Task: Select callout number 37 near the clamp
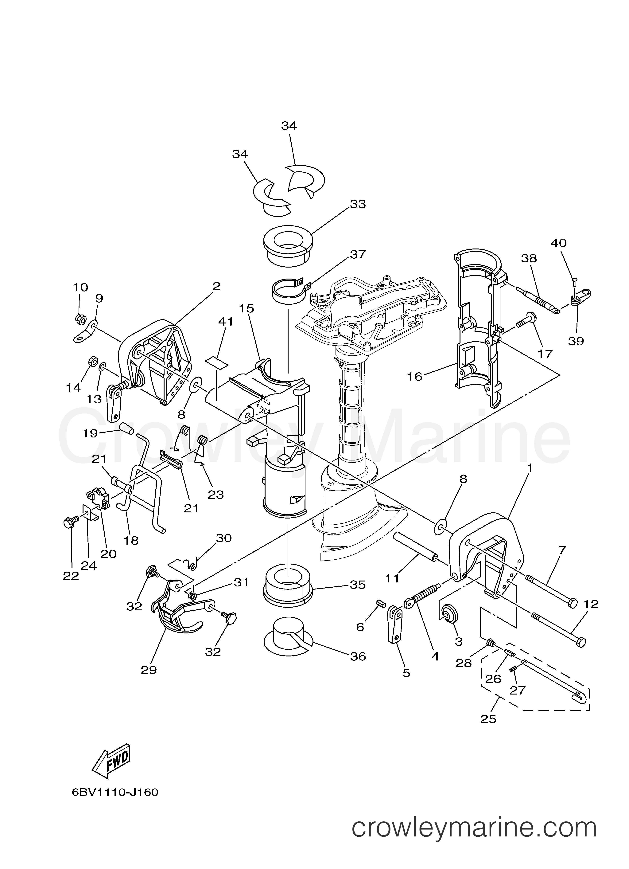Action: point(357,254)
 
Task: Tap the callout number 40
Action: point(558,243)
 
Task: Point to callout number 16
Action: point(414,377)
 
